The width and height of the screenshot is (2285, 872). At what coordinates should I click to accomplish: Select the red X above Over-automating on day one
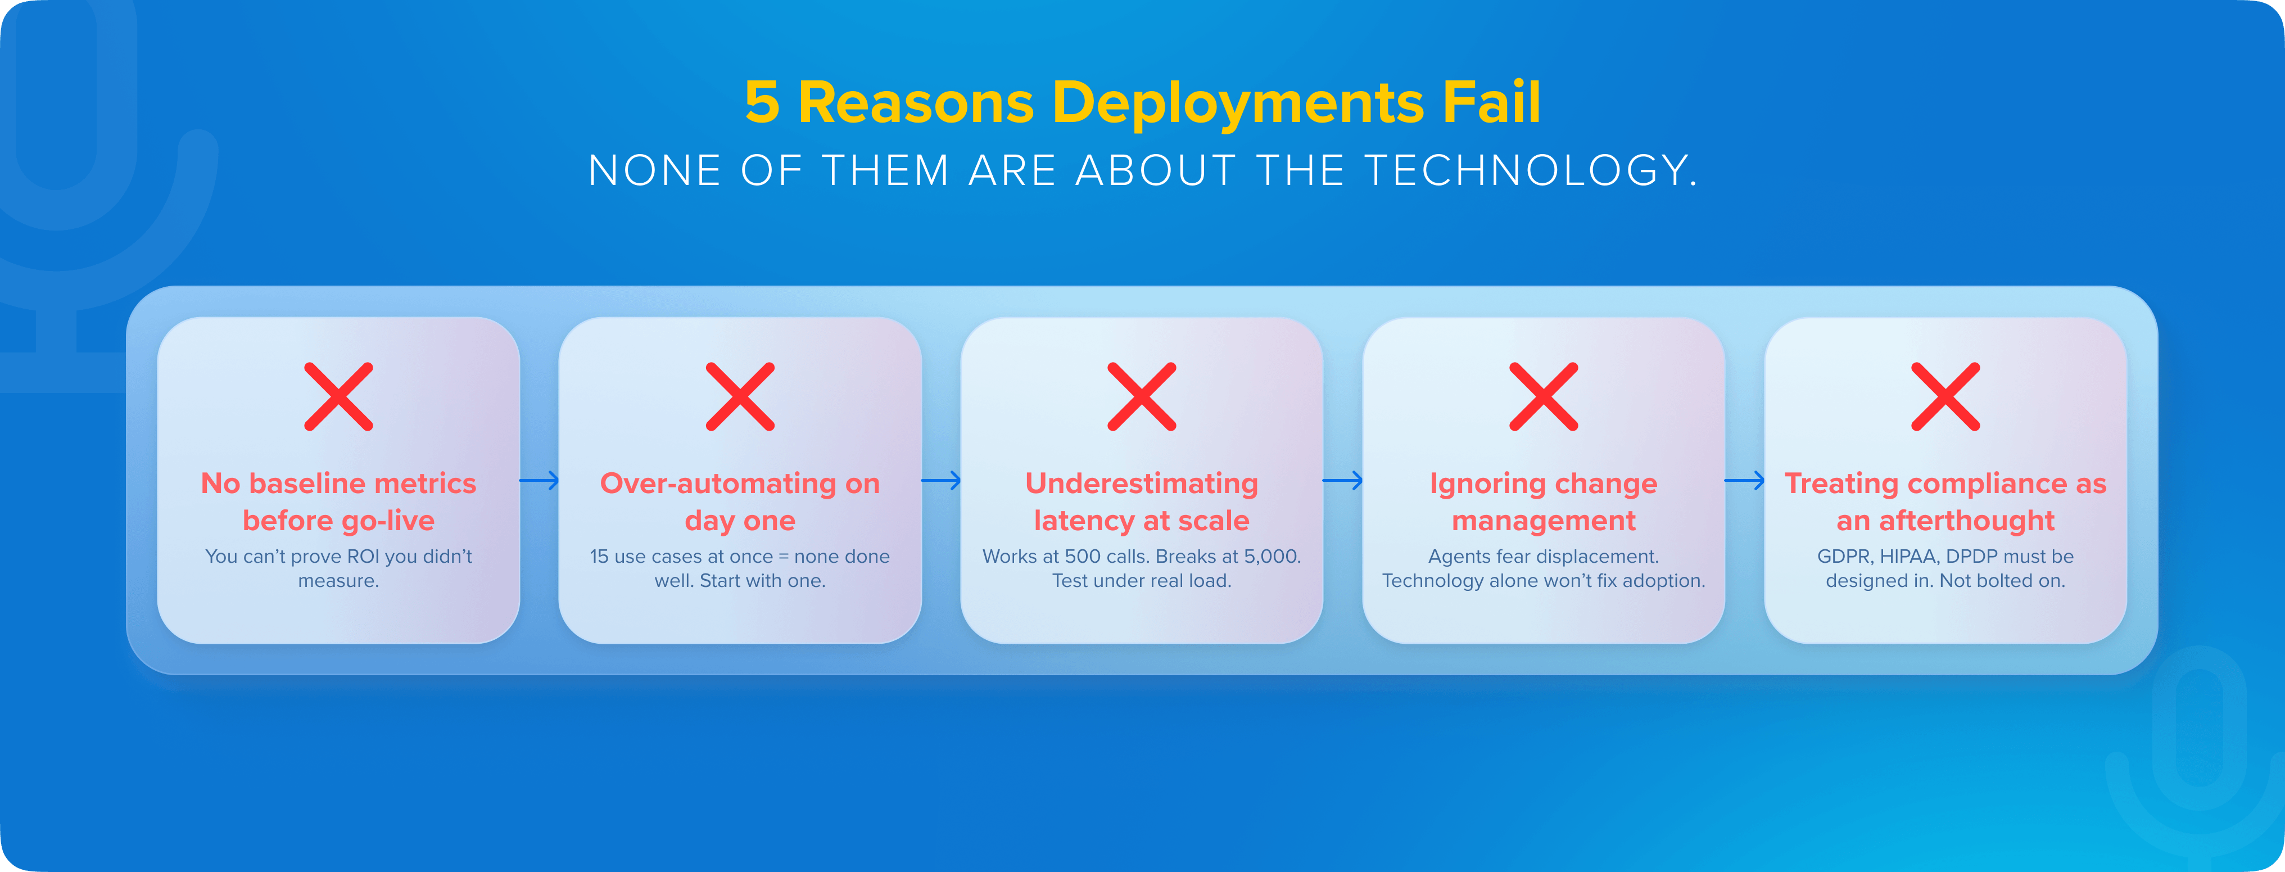click(x=740, y=396)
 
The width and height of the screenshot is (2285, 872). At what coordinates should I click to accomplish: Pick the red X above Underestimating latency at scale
click(x=1142, y=396)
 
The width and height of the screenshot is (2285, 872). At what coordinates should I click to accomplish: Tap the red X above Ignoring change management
click(x=1544, y=396)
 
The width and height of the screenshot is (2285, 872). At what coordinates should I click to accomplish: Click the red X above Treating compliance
click(x=1945, y=396)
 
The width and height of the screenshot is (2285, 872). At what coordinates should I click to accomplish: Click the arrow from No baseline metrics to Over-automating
click(x=539, y=481)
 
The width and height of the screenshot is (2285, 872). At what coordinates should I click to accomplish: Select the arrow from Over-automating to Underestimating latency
click(x=941, y=481)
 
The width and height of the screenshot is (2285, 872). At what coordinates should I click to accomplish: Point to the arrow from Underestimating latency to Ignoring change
click(x=1342, y=481)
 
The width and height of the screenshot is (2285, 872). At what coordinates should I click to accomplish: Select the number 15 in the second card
click(x=600, y=557)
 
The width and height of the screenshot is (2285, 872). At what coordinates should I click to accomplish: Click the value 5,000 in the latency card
click(x=1270, y=557)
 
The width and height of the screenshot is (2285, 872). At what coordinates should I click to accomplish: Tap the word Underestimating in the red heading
click(x=1142, y=484)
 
